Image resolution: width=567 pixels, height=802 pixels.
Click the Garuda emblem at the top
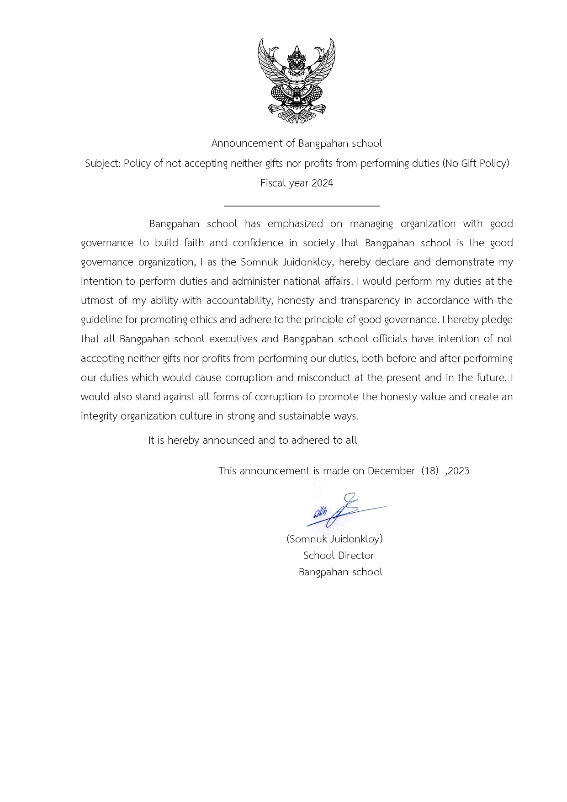coord(297,81)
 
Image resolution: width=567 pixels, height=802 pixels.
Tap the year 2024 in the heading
coord(322,183)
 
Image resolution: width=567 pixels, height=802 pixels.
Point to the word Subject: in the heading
coord(103,163)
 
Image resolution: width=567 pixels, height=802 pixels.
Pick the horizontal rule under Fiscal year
coord(302,206)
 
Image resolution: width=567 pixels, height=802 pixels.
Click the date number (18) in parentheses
coord(430,471)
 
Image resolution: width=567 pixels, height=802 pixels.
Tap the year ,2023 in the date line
coord(457,471)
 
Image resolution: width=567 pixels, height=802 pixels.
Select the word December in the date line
coord(391,471)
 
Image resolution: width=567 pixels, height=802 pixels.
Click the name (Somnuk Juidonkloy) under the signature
coord(334,539)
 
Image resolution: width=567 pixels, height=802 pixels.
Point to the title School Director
coord(339,556)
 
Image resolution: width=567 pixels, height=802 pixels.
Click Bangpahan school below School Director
coord(340,572)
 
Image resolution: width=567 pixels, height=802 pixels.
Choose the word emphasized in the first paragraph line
coord(295,224)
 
